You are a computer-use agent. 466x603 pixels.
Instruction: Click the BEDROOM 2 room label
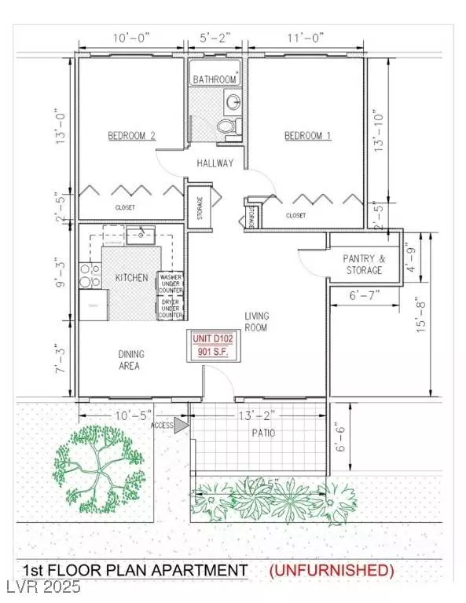131,136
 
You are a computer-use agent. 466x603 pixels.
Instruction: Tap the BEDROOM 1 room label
307,136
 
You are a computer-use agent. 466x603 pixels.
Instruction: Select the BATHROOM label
215,79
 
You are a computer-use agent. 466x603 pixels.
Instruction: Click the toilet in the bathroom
228,127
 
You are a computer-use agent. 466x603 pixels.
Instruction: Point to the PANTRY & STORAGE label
363,264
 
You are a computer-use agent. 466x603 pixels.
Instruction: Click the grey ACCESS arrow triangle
182,425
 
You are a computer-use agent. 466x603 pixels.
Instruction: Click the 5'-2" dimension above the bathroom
216,37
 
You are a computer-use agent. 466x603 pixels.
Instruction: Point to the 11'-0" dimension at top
306,37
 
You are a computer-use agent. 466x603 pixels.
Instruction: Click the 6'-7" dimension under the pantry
364,294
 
